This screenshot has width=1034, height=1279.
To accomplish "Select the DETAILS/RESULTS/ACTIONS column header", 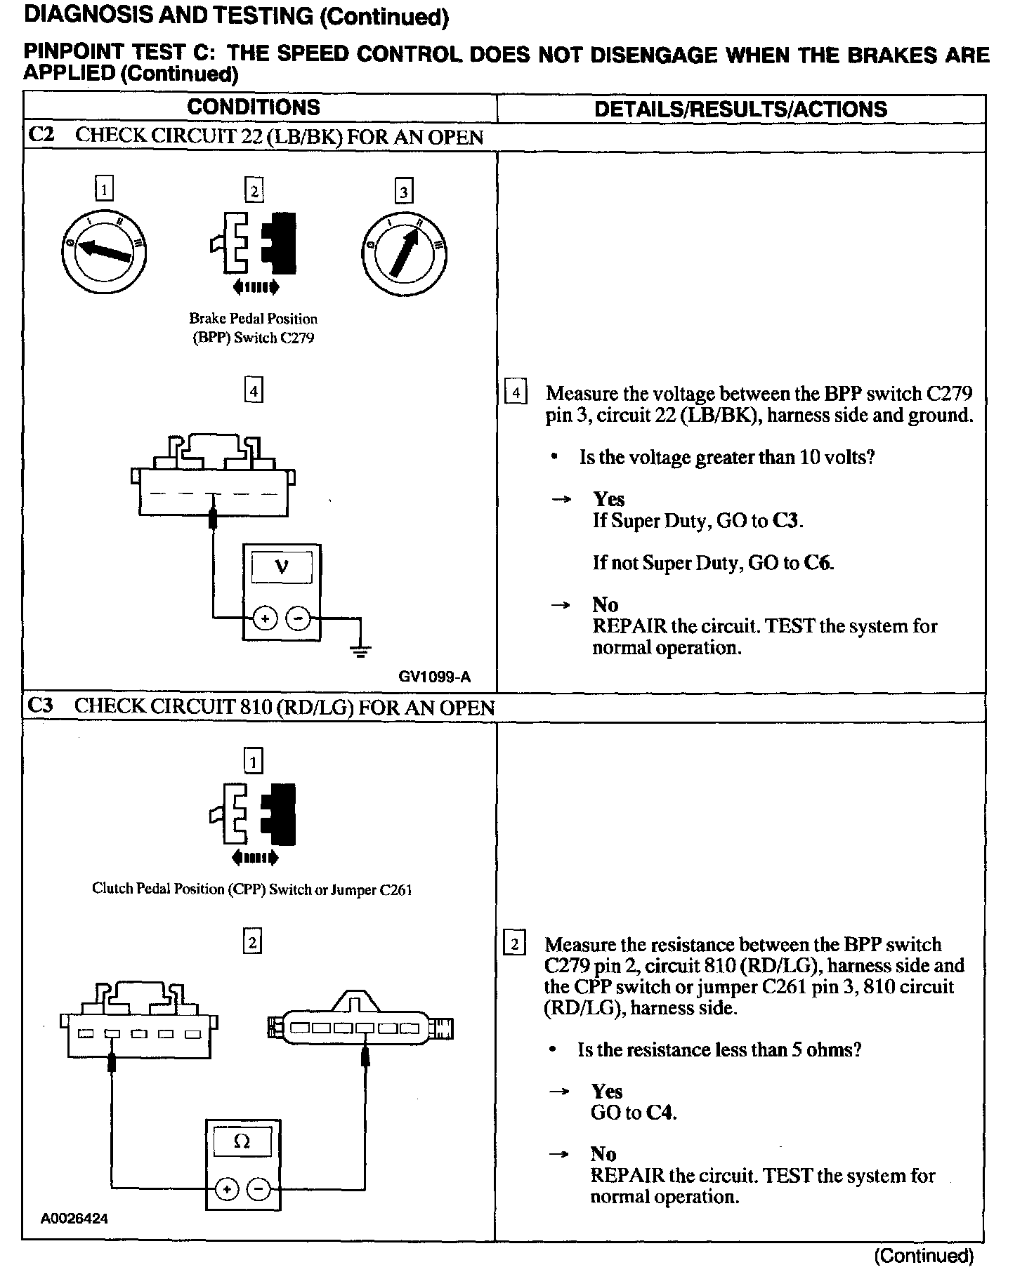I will [740, 109].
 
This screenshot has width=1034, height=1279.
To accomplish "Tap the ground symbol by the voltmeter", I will [361, 651].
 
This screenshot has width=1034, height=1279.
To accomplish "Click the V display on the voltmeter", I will [282, 566].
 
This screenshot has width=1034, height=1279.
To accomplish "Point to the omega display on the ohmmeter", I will [242, 1142].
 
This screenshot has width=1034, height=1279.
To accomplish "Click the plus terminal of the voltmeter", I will [265, 619].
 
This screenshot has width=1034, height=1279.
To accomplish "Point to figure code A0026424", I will [74, 1219].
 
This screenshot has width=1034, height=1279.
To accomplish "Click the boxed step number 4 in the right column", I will [516, 393].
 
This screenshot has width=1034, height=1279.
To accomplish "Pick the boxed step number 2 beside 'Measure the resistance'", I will [515, 944].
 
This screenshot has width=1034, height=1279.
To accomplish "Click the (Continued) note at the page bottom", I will [924, 1256].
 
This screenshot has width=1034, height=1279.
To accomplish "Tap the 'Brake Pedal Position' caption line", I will [253, 319].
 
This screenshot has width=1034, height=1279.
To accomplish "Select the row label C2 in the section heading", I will [41, 135].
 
